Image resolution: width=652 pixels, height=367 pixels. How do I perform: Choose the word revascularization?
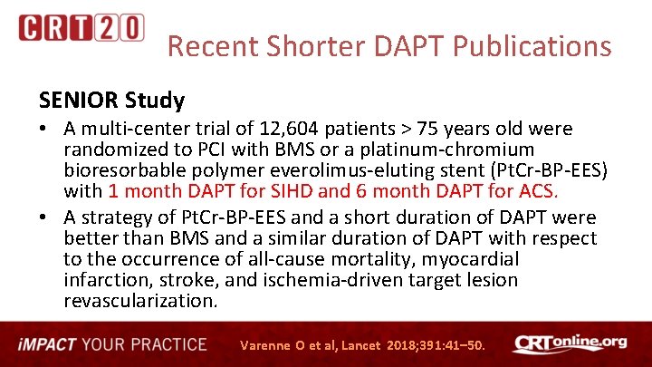click(x=141, y=301)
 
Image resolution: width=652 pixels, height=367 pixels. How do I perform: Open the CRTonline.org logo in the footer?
click(x=570, y=344)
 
